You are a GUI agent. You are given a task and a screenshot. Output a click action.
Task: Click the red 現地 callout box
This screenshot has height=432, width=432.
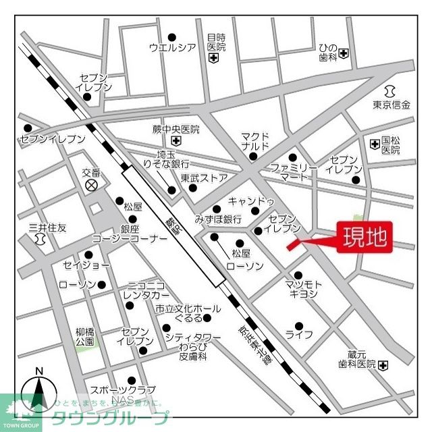point(365,237)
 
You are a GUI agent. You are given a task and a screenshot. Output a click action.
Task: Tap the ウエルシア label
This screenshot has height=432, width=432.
point(172,47)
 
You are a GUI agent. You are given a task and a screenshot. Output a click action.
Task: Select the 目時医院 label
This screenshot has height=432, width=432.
point(216,43)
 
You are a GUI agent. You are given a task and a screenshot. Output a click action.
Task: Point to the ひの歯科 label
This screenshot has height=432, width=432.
point(328,53)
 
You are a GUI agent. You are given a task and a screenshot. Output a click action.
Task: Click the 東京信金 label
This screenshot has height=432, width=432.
point(391,105)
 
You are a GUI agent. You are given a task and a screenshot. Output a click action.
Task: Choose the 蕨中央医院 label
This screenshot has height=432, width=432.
point(176,130)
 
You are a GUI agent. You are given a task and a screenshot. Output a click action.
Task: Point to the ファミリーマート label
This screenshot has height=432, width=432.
point(294,172)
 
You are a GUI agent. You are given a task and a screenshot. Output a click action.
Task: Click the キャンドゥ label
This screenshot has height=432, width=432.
point(251,202)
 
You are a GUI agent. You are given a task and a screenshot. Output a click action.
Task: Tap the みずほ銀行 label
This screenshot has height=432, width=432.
point(218,219)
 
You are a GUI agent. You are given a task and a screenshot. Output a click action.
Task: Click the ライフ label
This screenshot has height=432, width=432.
point(299,334)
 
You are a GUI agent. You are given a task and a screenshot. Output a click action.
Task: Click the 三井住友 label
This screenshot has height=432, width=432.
point(43,228)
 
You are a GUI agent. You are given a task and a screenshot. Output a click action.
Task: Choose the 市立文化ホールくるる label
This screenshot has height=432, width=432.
point(188,313)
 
